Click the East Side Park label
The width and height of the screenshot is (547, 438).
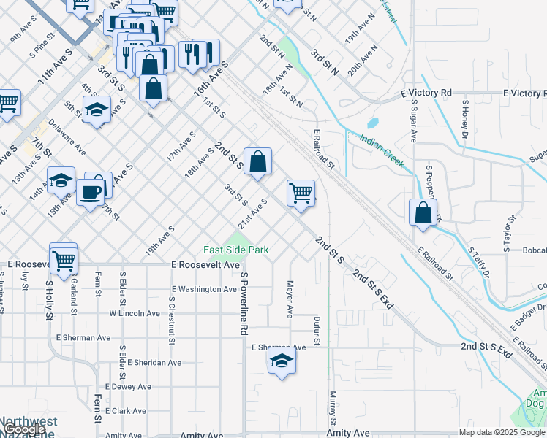[x=235, y=250]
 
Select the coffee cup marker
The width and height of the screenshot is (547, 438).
[x=91, y=192]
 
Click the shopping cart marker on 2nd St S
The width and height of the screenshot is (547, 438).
[x=301, y=193]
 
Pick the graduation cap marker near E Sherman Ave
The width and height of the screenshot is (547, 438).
[x=282, y=361]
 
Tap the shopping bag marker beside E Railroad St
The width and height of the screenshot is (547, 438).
[x=423, y=212]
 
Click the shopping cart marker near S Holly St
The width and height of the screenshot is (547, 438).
[x=64, y=258]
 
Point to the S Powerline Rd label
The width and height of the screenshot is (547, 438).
[x=244, y=304]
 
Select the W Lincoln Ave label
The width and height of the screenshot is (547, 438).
[x=135, y=313]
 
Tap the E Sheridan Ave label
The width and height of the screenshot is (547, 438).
[x=154, y=362]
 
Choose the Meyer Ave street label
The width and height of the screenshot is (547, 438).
[x=290, y=299]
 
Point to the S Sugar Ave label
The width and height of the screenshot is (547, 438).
[x=413, y=124]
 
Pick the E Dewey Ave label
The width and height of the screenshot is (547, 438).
[x=128, y=386]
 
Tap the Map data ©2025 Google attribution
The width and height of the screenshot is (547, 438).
[x=502, y=432]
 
